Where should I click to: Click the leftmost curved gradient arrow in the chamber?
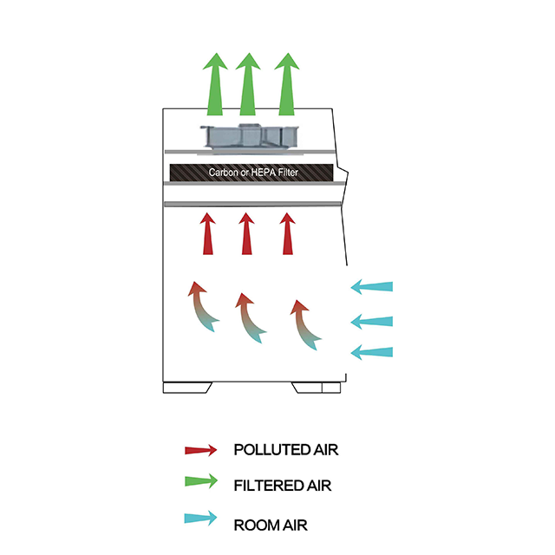[202, 307]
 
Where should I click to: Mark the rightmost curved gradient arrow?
[304, 324]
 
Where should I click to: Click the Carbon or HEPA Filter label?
[251, 173]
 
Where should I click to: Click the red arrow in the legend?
[200, 450]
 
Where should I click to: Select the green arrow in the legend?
[200, 485]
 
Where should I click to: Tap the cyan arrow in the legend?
[200, 519]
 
